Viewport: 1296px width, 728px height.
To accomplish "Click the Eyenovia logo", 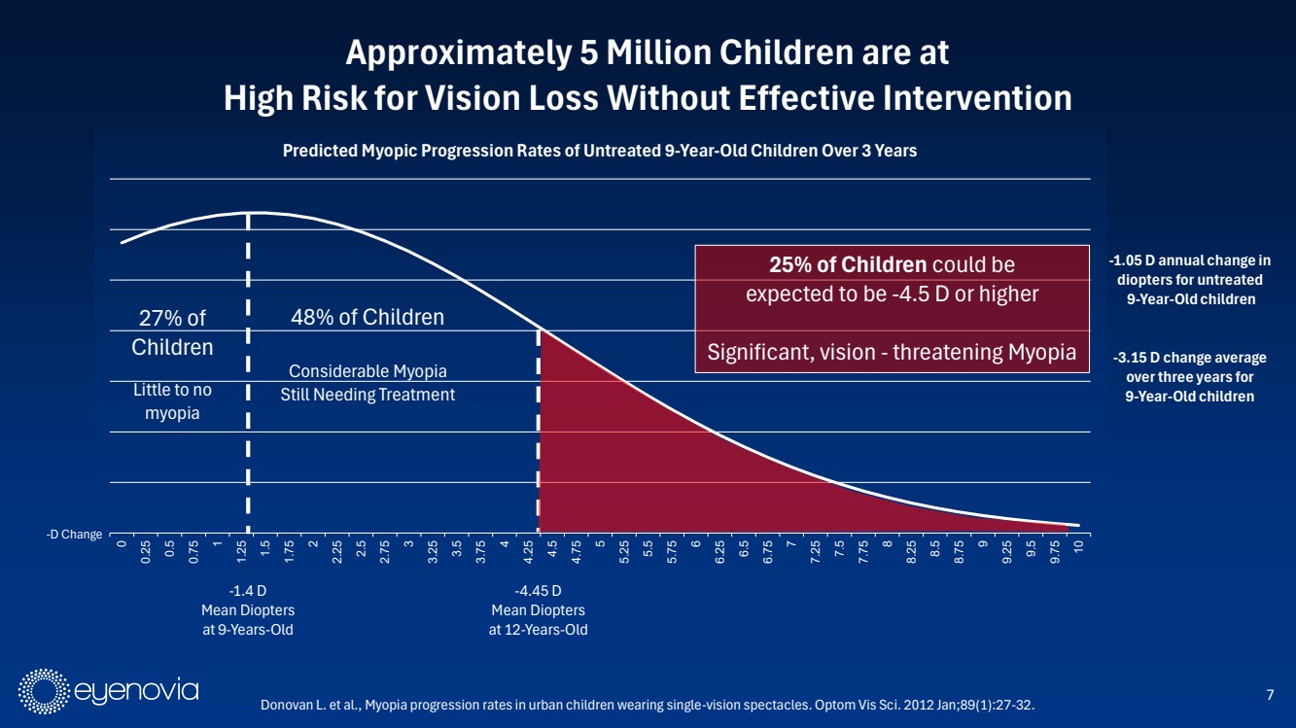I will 109,691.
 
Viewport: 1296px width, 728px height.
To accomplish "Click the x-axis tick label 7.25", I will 815,554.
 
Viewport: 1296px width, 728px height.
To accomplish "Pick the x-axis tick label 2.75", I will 385,554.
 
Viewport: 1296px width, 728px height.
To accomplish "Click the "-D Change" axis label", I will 75,535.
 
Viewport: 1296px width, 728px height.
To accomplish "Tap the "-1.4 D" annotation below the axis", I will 247,591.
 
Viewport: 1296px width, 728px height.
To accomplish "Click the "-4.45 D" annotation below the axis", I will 538,591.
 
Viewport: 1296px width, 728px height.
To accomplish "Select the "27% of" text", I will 172,317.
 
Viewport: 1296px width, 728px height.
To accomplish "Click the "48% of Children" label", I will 368,317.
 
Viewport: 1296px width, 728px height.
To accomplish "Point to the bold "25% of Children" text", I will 847,264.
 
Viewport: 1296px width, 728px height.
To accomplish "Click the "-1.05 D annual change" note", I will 1188,260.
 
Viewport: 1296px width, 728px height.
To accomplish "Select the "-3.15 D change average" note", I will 1188,359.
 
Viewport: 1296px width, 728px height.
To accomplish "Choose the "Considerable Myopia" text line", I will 368,371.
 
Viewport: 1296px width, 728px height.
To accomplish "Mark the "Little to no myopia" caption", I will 172,401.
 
